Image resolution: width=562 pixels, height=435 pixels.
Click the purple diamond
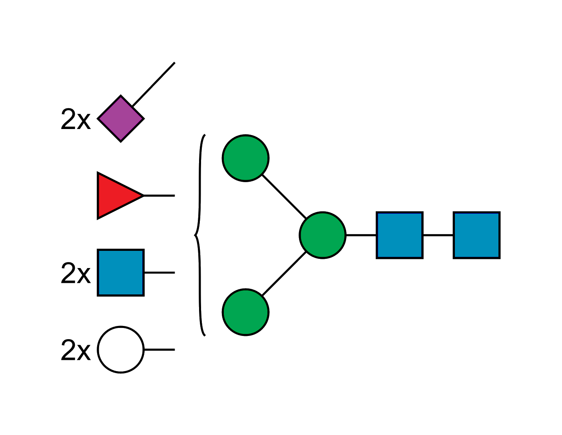121,119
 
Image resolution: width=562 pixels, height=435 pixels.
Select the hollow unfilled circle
120,350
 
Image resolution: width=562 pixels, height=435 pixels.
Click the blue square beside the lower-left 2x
120,273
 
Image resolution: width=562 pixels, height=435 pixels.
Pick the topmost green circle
245,158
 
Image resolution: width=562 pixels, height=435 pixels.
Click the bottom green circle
245,312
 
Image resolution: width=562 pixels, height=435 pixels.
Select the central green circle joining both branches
322,235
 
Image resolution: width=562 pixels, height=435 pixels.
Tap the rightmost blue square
476,235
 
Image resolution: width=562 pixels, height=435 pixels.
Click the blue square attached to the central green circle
400,235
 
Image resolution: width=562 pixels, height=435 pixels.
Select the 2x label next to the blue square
76,273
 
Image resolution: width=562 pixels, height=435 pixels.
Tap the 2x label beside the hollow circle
76,350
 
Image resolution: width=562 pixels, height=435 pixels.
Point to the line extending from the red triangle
159,196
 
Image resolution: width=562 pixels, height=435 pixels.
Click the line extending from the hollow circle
159,349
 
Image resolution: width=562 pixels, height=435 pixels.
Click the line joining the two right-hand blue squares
438,236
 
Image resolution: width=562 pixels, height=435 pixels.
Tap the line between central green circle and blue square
361,236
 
